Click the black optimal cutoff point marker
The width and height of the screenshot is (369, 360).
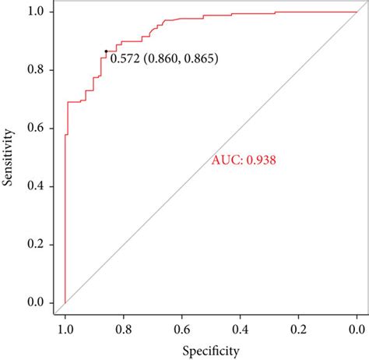(x=106, y=51)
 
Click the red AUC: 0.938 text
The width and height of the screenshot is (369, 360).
(x=244, y=161)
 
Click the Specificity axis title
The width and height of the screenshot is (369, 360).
(x=210, y=351)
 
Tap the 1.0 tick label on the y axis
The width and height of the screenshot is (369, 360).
(x=36, y=12)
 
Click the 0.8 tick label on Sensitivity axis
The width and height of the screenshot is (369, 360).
(x=36, y=70)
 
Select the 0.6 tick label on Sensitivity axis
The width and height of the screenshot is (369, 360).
(x=36, y=129)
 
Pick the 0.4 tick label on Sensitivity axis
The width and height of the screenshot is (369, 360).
(x=36, y=186)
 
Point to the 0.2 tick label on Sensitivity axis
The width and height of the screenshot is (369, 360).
(x=36, y=244)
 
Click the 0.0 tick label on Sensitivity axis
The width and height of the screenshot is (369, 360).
(x=36, y=302)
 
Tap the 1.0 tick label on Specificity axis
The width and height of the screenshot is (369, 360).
(x=65, y=329)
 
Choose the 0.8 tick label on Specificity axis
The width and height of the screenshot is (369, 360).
(x=124, y=329)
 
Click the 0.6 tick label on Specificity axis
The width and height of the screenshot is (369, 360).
(x=181, y=329)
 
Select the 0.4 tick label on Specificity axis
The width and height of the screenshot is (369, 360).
(x=240, y=329)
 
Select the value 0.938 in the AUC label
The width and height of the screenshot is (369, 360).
(x=262, y=161)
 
